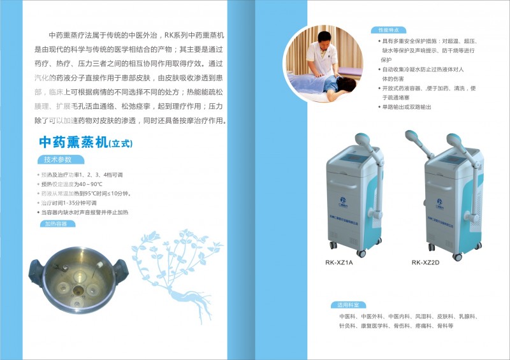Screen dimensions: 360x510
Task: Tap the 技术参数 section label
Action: click(58, 159)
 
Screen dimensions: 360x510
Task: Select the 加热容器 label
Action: click(57, 224)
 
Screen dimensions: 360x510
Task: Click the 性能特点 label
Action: click(388, 30)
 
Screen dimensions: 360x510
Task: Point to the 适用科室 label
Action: click(349, 305)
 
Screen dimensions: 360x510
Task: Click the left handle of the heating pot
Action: click(36, 271)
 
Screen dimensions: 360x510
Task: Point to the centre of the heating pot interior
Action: click(80, 284)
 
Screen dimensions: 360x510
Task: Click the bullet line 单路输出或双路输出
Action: click(407, 107)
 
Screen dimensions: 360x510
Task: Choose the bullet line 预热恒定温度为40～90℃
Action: click(76, 184)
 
